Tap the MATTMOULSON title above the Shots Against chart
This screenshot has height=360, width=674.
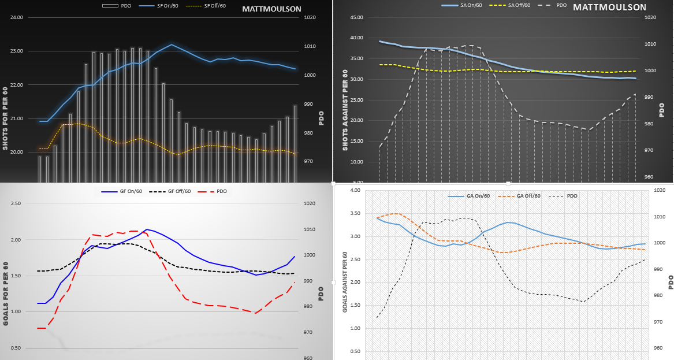[609, 8]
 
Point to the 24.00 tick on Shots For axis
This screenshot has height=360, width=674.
[16, 17]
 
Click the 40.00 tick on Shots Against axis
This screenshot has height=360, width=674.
[356, 38]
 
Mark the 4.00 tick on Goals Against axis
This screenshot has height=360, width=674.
[355, 190]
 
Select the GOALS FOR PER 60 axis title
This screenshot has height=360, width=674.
[6, 289]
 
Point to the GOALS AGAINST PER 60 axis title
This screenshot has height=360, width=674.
[345, 282]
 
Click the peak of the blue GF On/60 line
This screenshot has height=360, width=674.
[147, 229]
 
